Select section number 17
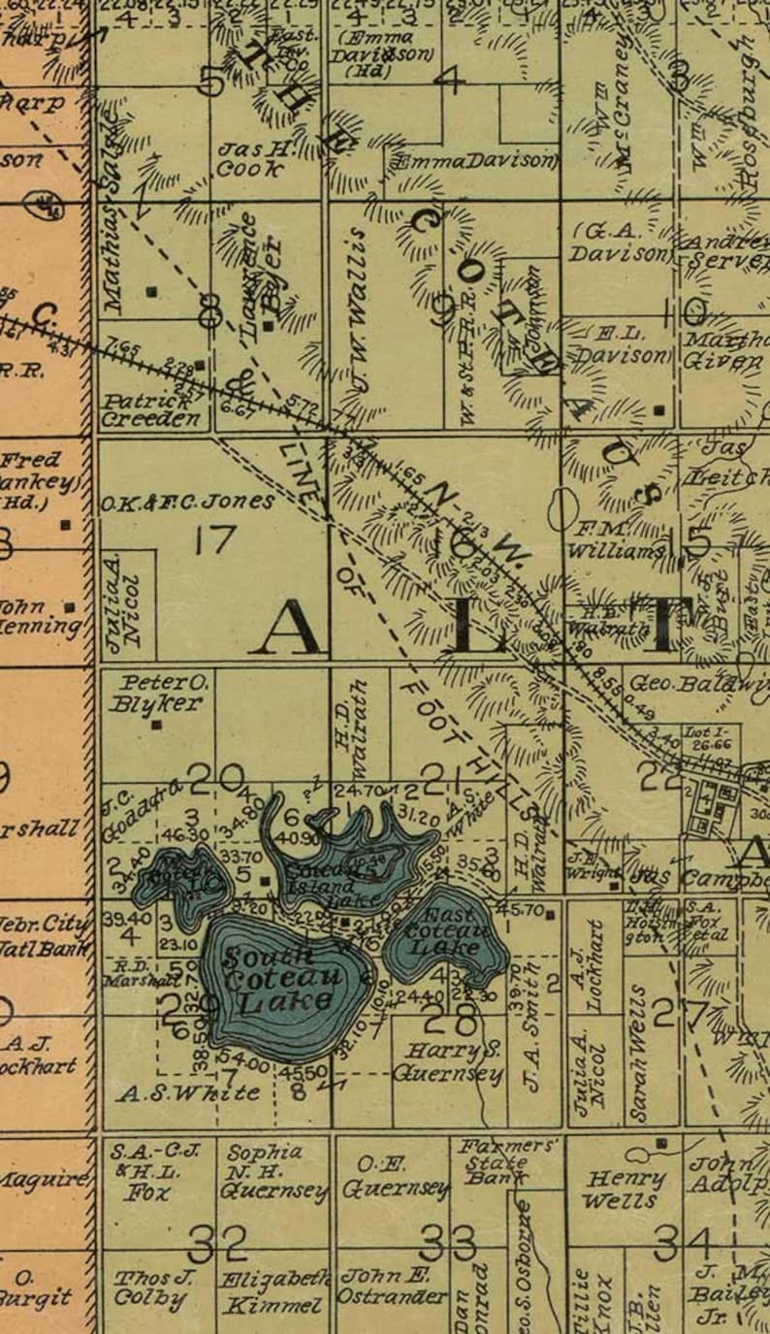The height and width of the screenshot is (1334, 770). click(214, 538)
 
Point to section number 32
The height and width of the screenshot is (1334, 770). click(217, 1242)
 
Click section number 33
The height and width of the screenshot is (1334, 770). click(449, 1242)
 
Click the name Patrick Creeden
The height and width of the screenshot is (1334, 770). click(153, 410)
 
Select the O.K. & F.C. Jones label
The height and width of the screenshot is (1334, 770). click(187, 503)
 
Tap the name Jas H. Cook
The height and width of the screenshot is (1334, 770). click(251, 158)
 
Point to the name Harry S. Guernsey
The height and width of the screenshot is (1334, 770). click(447, 1062)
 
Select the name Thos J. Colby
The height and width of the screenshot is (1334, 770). click(151, 1287)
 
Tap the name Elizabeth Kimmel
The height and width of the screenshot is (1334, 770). click(273, 1292)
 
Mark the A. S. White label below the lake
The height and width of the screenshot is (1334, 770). click(188, 1093)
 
